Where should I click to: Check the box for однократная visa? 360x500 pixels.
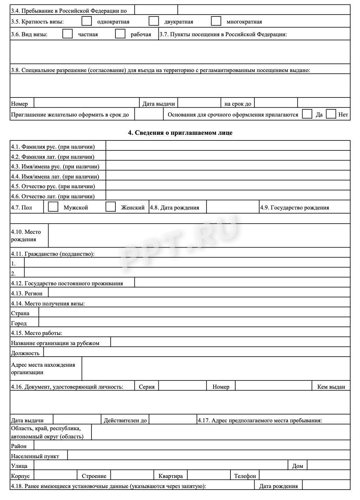(87, 21)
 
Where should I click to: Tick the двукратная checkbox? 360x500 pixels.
(153, 21)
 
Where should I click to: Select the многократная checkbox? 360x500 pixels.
(216, 21)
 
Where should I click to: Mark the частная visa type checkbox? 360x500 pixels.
(68, 34)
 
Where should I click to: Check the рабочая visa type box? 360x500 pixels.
(120, 34)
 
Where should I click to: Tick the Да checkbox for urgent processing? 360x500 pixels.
(307, 114)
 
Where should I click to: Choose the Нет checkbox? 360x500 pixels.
(331, 114)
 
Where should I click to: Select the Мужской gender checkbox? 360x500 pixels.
(53, 207)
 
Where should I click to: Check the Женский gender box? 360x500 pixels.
(111, 207)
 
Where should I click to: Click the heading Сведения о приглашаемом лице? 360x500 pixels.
(180, 133)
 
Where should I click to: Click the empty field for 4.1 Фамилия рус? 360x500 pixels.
(228, 146)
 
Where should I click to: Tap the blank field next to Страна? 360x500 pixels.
(194, 312)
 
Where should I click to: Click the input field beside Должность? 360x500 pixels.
(197, 352)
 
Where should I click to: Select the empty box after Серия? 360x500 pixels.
(183, 386)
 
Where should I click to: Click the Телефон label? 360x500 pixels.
(245, 476)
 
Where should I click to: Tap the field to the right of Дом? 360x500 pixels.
(329, 465)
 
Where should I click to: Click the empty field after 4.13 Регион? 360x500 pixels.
(199, 293)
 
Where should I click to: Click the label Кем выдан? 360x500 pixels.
(331, 386)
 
